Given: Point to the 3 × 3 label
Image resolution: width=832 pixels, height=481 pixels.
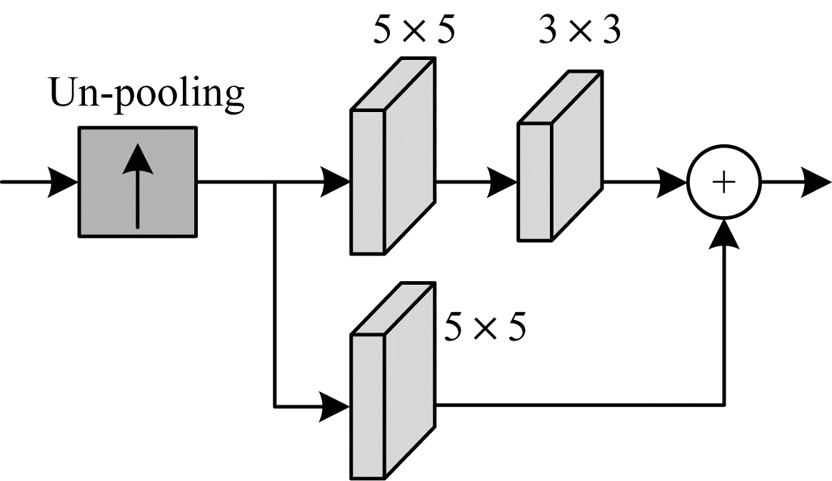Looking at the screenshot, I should (579, 31).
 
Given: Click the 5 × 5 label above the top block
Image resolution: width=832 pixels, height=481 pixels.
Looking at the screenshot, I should (413, 31).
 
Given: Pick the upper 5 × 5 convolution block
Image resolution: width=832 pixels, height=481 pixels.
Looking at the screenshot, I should (392, 157).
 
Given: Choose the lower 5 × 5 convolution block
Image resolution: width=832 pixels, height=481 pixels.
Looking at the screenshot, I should (392, 382).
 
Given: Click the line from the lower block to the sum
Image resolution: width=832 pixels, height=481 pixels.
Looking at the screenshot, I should (578, 407).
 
